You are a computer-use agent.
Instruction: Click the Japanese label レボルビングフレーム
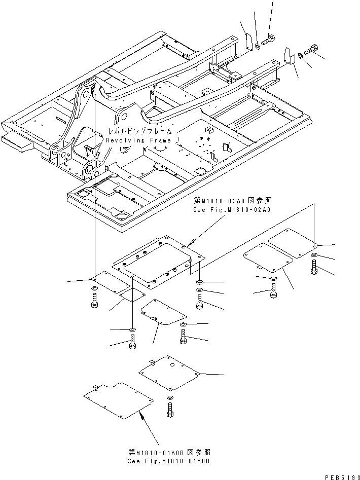pos(140,131)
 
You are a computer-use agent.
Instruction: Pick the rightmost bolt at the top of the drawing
pos(311,50)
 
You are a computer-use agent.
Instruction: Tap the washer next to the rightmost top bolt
pos(301,55)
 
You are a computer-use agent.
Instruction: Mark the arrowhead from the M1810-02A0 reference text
pos(190,245)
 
